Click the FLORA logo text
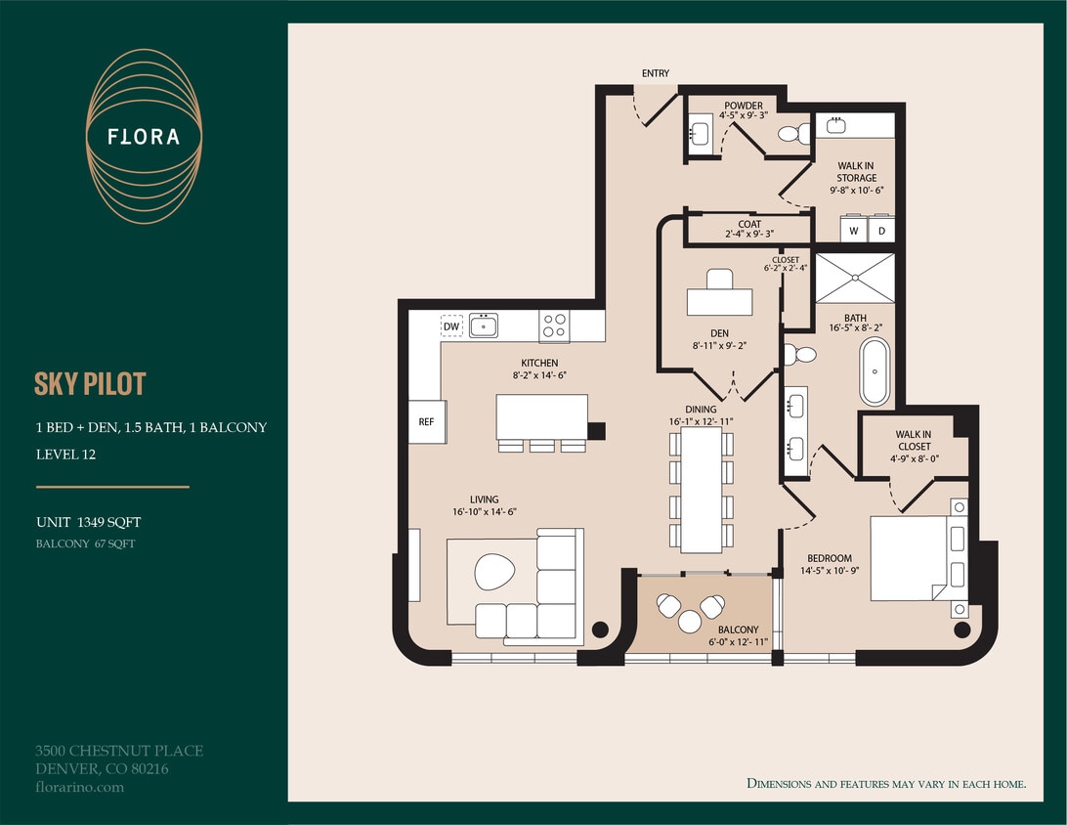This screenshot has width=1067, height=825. (144, 137)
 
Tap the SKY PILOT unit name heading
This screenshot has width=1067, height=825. (90, 384)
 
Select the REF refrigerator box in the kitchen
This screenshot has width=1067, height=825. (426, 422)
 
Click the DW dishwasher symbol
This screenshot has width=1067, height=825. (451, 326)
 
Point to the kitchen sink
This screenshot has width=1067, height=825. (483, 326)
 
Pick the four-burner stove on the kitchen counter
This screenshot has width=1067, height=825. (554, 326)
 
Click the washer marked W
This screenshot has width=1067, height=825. (854, 231)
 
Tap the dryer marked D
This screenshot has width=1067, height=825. (881, 231)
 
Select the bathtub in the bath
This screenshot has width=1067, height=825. (875, 372)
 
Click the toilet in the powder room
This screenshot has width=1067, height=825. (796, 134)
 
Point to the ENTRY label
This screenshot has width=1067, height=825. (655, 74)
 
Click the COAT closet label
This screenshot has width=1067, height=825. (749, 225)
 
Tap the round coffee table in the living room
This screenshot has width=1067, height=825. (494, 571)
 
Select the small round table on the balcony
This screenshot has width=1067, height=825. (690, 621)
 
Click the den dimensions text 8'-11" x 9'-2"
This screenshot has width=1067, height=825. (720, 345)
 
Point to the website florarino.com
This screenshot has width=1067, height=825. (79, 787)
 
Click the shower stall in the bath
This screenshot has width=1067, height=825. (855, 279)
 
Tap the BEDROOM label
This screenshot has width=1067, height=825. (829, 558)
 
